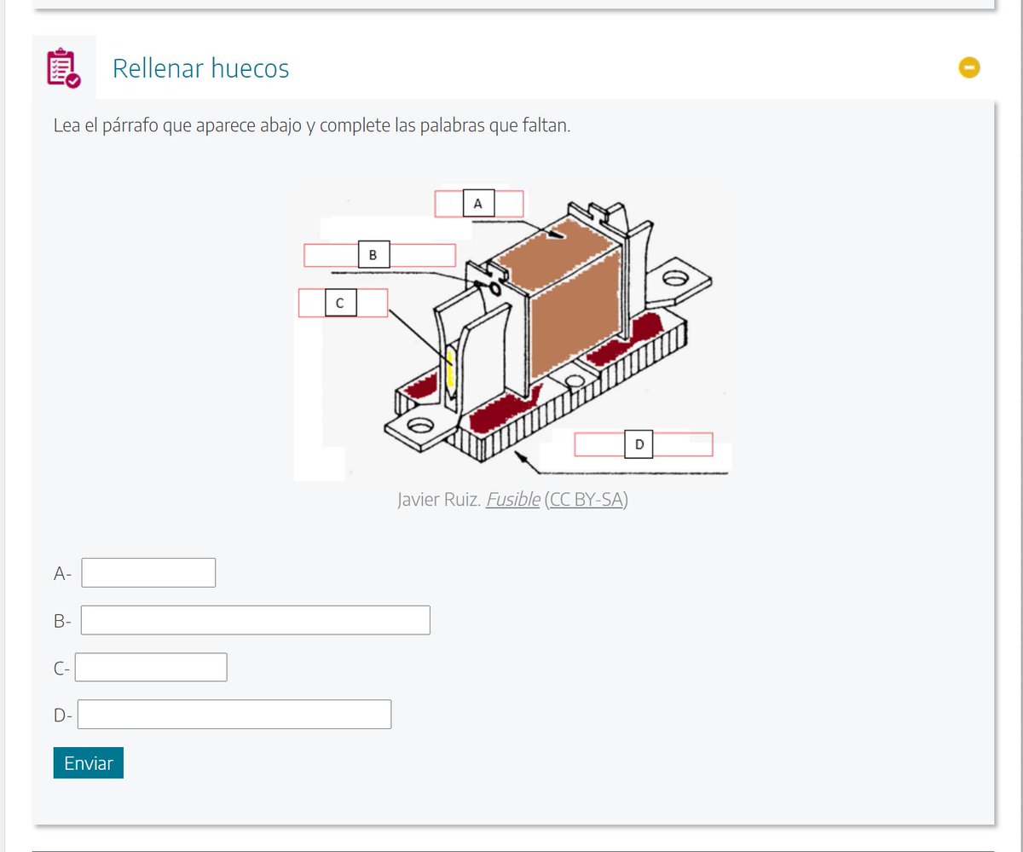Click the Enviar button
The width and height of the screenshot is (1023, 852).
[88, 762]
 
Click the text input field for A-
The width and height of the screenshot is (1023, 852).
[148, 572]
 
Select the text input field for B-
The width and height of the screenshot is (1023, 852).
[255, 620]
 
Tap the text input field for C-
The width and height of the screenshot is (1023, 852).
[151, 667]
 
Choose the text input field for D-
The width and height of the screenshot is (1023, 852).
[234, 714]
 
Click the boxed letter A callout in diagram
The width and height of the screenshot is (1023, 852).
[478, 203]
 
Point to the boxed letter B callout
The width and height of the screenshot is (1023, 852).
[374, 254]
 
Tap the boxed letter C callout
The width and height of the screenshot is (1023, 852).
[340, 303]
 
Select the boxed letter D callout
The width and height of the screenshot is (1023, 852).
[639, 444]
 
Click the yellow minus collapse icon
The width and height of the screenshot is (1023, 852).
[969, 67]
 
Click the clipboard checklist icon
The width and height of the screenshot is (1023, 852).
[64, 67]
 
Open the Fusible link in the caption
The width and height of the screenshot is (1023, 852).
[513, 500]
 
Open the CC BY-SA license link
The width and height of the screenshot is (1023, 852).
[586, 500]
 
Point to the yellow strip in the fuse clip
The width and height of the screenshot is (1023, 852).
[451, 368]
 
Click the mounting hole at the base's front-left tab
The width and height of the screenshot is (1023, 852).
[420, 425]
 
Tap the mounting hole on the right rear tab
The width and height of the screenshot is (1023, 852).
[676, 278]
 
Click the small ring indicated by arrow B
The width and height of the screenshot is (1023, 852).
[494, 288]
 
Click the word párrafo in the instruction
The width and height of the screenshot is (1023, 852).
[130, 126]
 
